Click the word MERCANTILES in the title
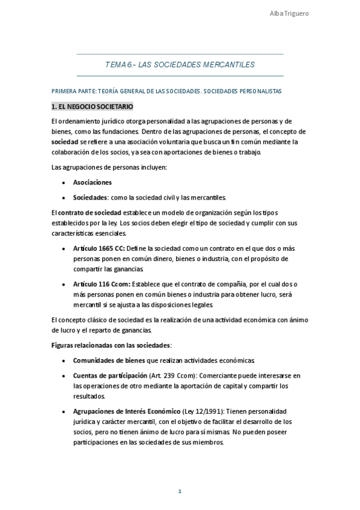tap(227, 64)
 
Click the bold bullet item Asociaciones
tap(92, 182)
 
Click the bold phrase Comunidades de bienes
tap(108, 360)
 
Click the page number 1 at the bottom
tap(180, 491)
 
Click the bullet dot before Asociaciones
tap(64, 182)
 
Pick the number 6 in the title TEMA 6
tap(127, 64)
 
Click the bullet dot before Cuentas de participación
tap(64, 375)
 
